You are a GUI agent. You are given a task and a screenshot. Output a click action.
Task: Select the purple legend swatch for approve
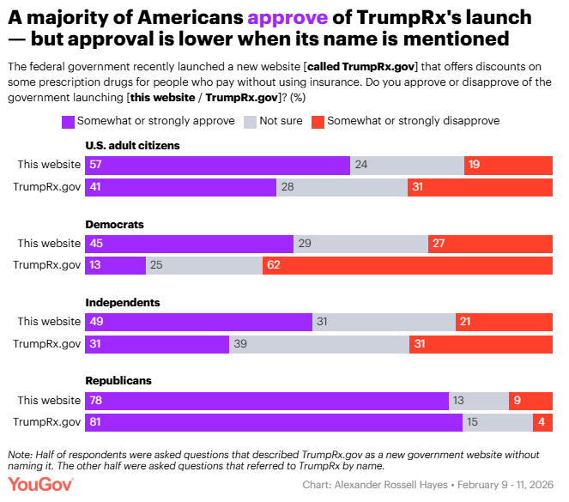point(68,121)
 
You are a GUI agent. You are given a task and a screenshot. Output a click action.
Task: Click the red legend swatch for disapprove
point(318,121)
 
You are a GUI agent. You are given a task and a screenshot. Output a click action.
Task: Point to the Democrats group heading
point(114,224)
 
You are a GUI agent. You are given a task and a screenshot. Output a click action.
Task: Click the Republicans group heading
point(118,380)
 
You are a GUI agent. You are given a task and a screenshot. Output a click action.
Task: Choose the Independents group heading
point(123,303)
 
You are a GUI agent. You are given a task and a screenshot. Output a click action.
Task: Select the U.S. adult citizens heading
point(132,146)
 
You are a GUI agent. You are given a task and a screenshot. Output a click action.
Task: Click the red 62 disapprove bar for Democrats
point(407,265)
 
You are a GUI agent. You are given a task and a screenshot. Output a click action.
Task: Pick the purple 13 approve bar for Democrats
point(115,265)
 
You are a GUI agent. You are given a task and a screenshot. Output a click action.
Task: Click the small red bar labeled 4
point(542,422)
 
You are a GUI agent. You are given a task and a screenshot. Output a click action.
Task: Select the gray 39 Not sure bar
point(318,344)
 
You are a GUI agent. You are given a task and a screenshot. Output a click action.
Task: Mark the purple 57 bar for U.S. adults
point(217,166)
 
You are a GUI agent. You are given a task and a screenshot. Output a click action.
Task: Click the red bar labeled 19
point(508,166)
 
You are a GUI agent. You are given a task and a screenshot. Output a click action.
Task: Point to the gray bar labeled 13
point(479,401)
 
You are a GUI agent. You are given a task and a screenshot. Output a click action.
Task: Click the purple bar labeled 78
point(266,401)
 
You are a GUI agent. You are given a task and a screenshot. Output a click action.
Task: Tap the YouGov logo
point(39,485)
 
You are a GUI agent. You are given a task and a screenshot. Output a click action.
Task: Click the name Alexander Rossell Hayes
point(396,486)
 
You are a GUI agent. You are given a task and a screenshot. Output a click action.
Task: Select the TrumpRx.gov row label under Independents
point(46,344)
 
